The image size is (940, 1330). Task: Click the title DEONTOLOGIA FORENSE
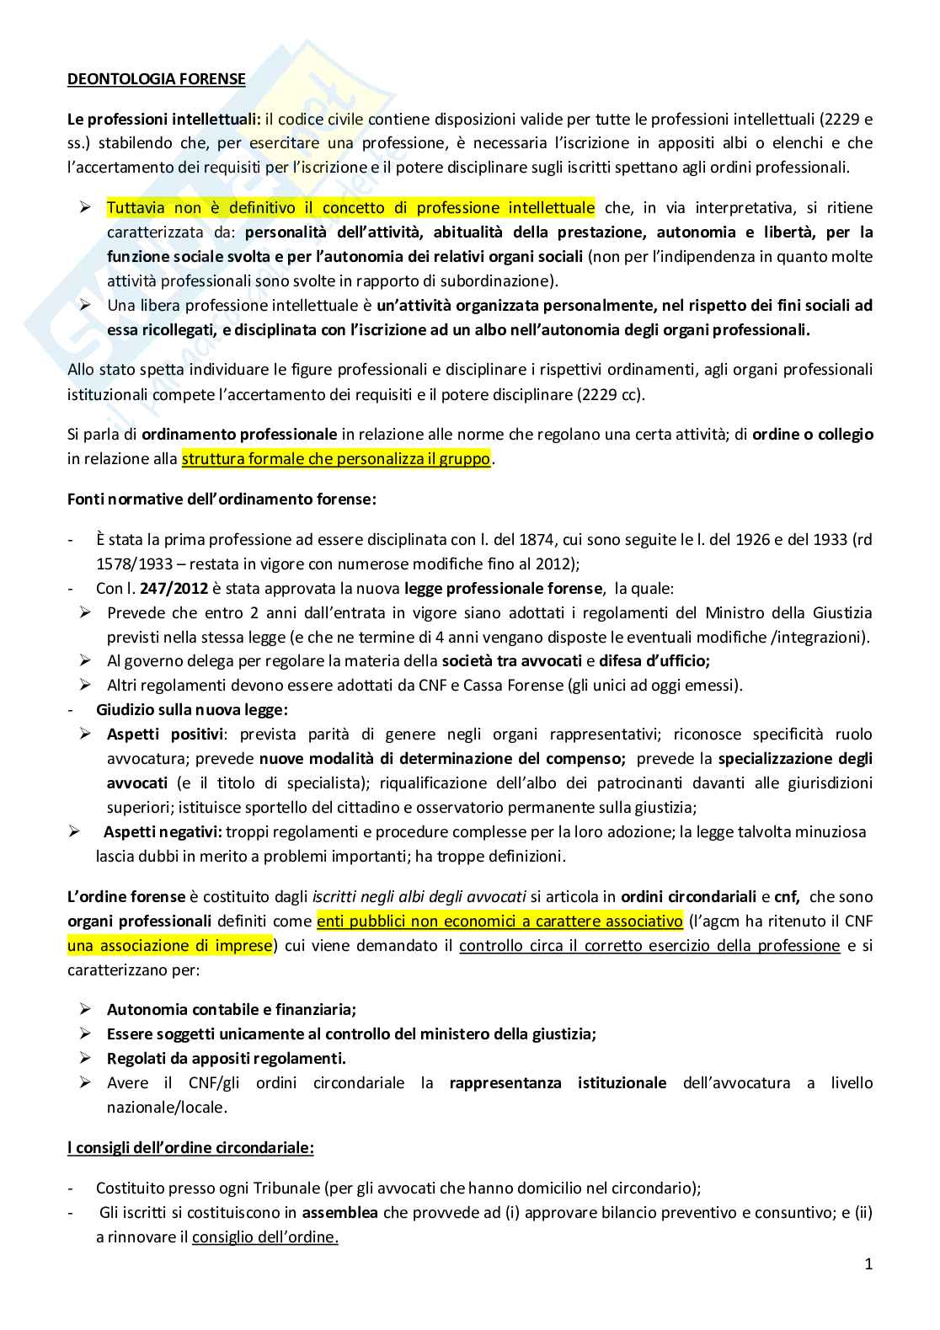pos(156,79)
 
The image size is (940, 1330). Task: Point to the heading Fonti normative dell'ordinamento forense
pos(222,499)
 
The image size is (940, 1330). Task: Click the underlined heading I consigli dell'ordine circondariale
pos(190,1147)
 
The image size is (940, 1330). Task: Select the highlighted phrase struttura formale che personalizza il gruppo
pos(335,459)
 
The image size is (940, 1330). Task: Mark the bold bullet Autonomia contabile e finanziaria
pos(232,1009)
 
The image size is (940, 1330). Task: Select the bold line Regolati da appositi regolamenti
pos(226,1058)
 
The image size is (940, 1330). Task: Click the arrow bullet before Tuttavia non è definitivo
pos(85,207)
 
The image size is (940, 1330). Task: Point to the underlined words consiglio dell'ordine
pos(264,1237)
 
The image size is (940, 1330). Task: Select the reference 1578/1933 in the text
pos(136,564)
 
